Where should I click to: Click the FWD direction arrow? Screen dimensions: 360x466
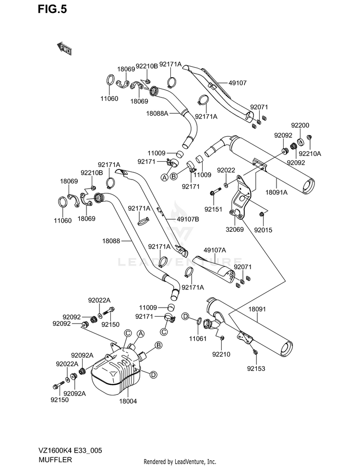(64, 48)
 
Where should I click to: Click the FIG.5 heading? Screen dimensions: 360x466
(52, 9)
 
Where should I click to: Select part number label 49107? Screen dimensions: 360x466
(238, 83)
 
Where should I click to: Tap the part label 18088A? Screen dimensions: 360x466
(157, 113)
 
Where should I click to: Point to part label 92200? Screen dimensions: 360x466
(300, 125)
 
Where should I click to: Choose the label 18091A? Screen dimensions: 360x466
(276, 192)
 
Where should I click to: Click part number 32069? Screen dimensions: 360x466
(235, 229)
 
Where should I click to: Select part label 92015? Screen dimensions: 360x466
(263, 230)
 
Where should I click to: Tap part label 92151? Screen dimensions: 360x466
(213, 209)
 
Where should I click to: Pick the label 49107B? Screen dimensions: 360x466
(188, 219)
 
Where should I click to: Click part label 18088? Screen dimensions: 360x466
(111, 241)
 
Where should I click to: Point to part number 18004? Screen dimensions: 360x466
(128, 401)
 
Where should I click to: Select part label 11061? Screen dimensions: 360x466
(198, 338)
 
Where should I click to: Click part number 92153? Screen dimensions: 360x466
(256, 369)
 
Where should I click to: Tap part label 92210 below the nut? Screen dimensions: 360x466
(221, 354)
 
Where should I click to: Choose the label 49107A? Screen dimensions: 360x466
(215, 250)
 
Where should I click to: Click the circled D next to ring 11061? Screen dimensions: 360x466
(185, 316)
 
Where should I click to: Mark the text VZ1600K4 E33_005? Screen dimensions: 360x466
(70, 451)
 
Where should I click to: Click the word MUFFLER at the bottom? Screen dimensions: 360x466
(55, 460)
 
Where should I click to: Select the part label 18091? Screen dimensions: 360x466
(257, 309)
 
